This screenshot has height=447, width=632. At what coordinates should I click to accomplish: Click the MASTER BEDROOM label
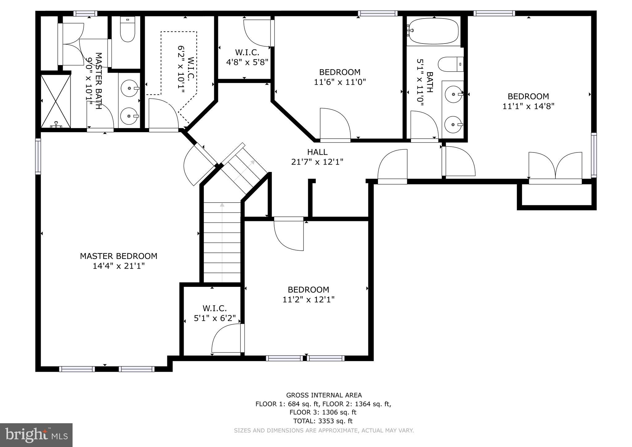tap(119, 256)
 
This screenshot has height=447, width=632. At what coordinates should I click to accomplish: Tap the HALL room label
tap(317, 152)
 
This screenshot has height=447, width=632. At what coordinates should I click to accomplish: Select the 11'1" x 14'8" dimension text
tap(528, 106)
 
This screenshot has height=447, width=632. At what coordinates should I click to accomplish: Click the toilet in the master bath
tap(128, 31)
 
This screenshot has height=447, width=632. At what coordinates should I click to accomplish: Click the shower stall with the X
tap(56, 101)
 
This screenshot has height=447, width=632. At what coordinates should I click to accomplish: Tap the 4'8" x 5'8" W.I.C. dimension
tap(247, 62)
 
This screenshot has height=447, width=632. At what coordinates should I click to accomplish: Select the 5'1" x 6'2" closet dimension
tap(215, 318)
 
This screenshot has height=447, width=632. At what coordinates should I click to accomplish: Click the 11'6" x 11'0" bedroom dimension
tap(340, 82)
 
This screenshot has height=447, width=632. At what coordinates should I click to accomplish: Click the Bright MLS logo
tap(36, 435)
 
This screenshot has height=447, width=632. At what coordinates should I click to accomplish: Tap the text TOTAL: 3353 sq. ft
tap(323, 421)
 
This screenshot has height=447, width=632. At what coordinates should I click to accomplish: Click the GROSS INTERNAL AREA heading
tap(324, 395)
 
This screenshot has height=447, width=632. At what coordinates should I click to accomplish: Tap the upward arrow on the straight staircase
tap(222, 205)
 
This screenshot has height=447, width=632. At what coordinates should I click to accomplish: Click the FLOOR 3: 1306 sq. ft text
tap(323, 412)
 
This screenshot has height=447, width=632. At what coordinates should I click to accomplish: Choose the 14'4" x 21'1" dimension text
tap(119, 266)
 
